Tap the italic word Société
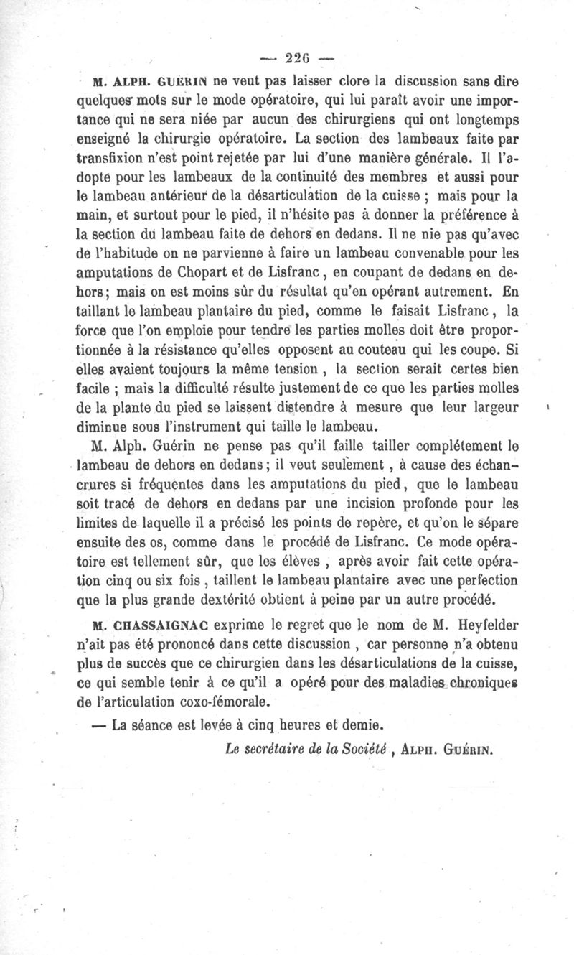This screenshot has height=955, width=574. (x=364, y=750)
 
